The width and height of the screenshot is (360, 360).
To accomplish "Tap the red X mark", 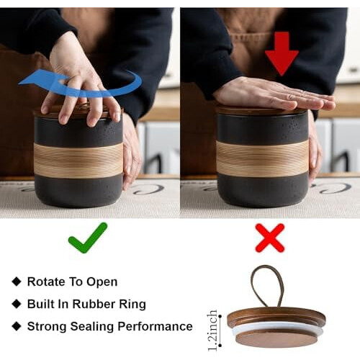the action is click(270, 238).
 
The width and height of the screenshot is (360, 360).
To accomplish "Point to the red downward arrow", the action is click(282, 53).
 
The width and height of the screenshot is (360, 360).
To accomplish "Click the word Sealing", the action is click(92, 327).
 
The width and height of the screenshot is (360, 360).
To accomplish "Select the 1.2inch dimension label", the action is click(212, 330).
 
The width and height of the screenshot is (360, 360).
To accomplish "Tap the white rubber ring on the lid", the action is click(277, 328).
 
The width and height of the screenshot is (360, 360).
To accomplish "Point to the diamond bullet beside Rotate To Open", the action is click(17, 282).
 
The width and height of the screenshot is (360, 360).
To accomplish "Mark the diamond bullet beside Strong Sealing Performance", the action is click(17, 326).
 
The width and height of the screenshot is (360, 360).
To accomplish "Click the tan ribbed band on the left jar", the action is click(78, 160).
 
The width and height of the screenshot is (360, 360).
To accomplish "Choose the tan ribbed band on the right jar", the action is click(262, 158).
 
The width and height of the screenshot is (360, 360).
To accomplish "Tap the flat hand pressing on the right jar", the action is click(271, 95).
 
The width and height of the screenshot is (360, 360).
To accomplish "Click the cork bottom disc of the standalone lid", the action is click(276, 338).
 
